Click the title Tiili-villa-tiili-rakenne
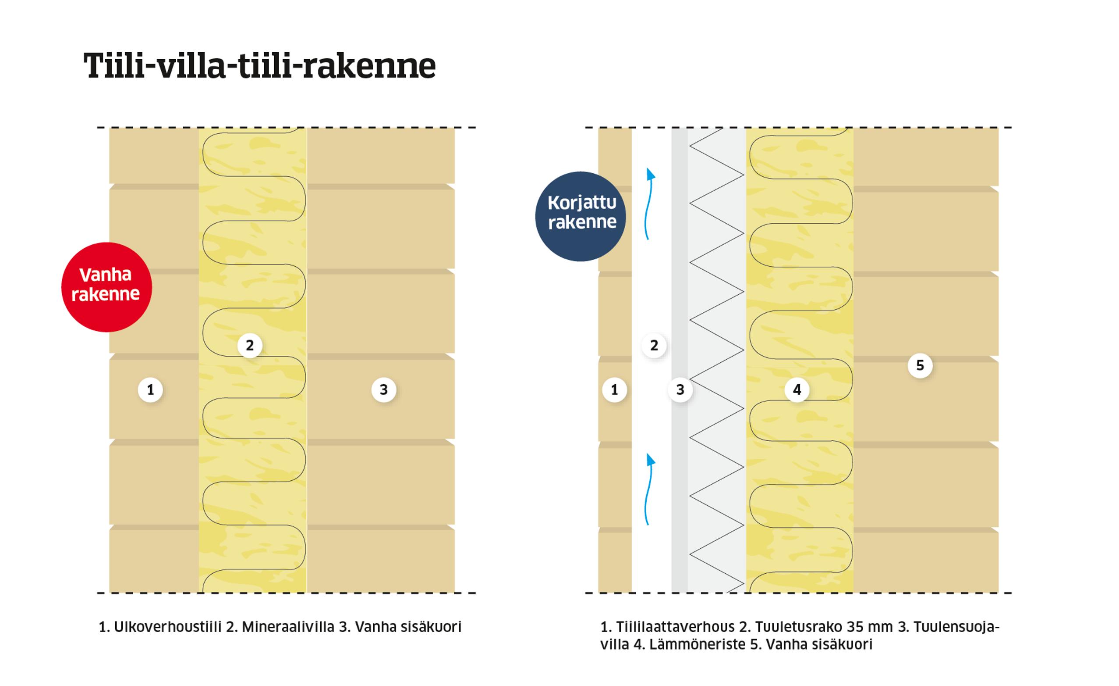(259, 66)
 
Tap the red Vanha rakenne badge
(106, 287)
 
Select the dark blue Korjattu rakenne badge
(581, 216)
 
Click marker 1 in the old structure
(150, 389)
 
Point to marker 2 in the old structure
(249, 346)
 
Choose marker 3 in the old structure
(384, 389)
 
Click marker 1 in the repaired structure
(614, 389)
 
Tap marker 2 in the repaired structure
(654, 346)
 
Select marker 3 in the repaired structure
(680, 389)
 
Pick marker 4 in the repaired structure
(797, 389)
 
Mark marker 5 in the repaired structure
(920, 365)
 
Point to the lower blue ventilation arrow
(650, 489)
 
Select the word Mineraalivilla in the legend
(288, 627)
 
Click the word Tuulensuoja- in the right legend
(956, 627)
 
